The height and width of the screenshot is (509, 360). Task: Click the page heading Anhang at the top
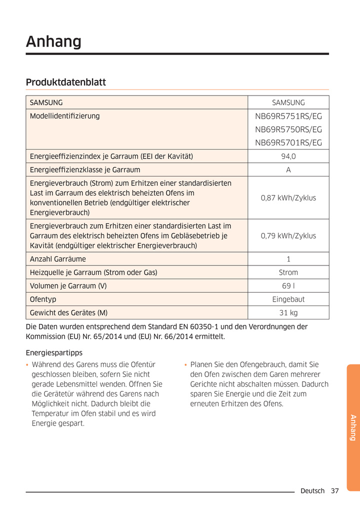(53, 41)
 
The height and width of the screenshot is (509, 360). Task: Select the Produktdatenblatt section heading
(65, 82)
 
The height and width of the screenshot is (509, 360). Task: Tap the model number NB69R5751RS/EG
(288, 116)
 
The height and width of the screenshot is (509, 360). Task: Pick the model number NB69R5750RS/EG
(288, 129)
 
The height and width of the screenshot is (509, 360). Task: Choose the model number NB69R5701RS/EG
(288, 143)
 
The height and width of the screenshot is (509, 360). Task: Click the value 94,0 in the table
(288, 156)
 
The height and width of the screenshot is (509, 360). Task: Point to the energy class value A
(288, 170)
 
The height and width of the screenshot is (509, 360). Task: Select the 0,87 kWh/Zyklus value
(288, 198)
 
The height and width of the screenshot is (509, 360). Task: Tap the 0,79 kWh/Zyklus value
(288, 235)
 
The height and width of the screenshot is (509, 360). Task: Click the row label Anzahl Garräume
(58, 259)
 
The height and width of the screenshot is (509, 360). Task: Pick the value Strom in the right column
(288, 272)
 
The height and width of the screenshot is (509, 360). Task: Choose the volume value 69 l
(288, 286)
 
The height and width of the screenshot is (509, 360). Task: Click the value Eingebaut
(288, 299)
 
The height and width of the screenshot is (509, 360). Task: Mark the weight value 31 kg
(288, 313)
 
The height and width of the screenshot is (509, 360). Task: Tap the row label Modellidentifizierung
(65, 116)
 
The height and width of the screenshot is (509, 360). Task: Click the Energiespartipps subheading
(54, 353)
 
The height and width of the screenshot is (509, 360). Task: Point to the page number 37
(334, 491)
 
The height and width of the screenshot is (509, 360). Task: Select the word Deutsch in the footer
(312, 491)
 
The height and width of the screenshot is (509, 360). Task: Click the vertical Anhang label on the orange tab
(352, 427)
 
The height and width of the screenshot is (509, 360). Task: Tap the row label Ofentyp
(43, 299)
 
